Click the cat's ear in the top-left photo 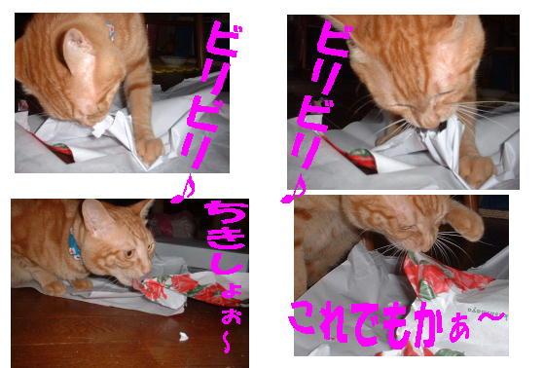pyautogui.click(x=79, y=52)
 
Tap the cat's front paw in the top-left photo pyautogui.click(x=150, y=150)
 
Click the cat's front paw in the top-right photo pyautogui.click(x=476, y=170)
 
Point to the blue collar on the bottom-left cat pyautogui.click(x=74, y=244)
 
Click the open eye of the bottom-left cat pyautogui.click(x=128, y=253)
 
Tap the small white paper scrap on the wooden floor pyautogui.click(x=183, y=336)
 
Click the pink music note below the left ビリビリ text pyautogui.click(x=184, y=189)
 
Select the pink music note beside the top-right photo pyautogui.click(x=294, y=189)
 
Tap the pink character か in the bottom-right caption pyautogui.click(x=431, y=323)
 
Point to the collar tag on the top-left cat pyautogui.click(x=110, y=30)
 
